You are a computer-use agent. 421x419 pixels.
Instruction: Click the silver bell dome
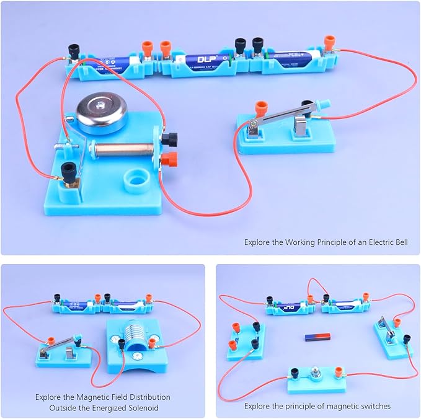[102, 113]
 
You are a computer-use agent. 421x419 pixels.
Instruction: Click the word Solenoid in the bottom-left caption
[140, 408]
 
